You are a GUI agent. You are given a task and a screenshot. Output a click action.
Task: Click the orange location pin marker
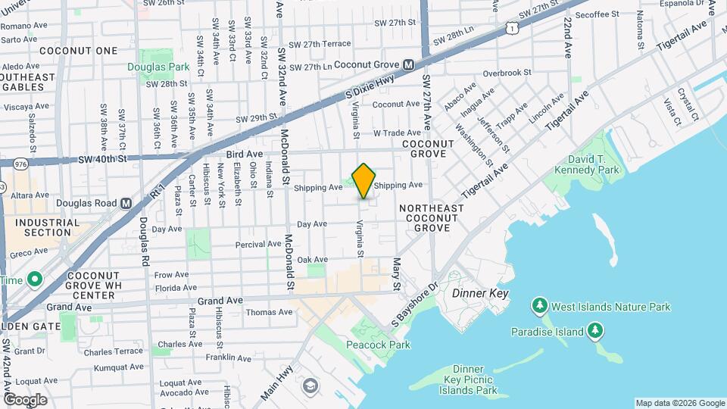pos(363,180)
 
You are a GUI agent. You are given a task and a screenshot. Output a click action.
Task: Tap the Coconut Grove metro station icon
pos(408,66)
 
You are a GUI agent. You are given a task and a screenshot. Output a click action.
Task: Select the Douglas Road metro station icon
pos(126,203)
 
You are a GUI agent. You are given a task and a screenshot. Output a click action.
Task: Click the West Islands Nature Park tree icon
pos(539,307)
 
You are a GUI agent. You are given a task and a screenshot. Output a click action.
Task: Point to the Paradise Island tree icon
pos(596,331)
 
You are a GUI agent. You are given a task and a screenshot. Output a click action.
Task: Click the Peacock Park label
pos(378,345)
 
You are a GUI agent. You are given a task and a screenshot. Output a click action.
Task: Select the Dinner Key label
pos(479,293)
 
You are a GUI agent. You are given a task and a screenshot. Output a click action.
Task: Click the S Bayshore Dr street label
pos(416,302)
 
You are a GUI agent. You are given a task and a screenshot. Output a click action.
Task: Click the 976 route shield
pos(20,163)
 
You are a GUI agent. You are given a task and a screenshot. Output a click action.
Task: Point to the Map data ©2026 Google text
pos(679,403)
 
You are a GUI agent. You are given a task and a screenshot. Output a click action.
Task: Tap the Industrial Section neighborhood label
pos(47,227)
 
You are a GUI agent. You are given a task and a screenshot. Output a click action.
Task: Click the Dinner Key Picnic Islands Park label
pos(468,379)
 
